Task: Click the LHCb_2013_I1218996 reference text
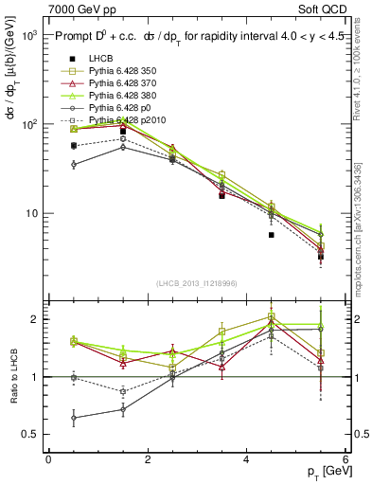tap(197, 283)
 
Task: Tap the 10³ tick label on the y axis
tap(28, 35)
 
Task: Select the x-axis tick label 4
tap(246, 458)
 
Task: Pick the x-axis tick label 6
tap(345, 458)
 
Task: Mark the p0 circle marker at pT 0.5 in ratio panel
tap(74, 417)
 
